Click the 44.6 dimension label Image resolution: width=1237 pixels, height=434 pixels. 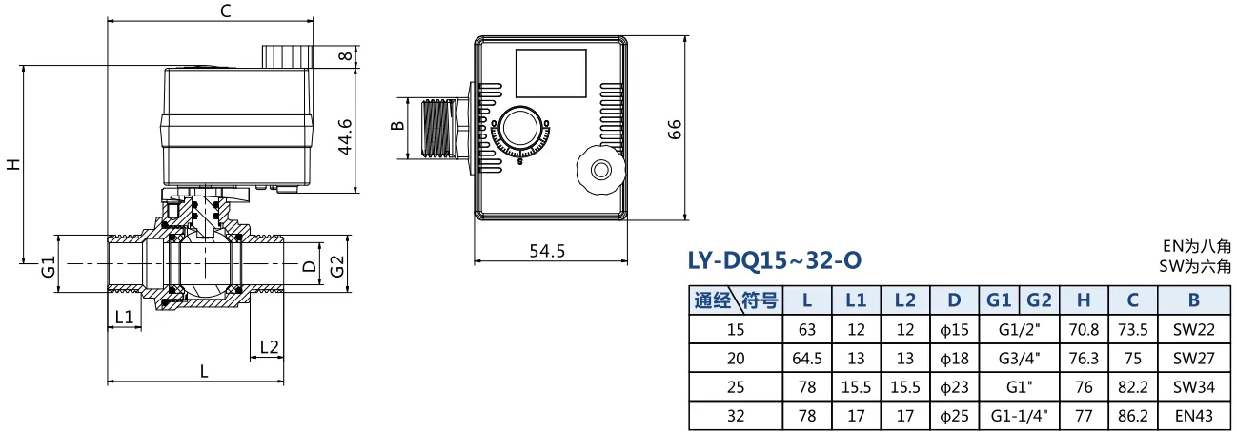[345, 136]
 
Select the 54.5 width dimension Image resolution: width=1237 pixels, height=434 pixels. [547, 251]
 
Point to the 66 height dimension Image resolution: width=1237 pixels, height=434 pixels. [675, 129]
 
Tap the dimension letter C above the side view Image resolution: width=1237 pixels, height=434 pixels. [225, 11]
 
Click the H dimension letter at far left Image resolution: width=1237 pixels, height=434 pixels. [13, 164]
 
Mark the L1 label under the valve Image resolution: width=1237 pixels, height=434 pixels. [124, 317]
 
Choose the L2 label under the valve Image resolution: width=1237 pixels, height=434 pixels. [269, 346]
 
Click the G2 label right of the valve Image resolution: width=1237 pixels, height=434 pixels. [336, 266]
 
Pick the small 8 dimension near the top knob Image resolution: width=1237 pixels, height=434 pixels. [345, 56]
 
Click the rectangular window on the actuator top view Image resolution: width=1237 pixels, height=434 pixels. [551, 73]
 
